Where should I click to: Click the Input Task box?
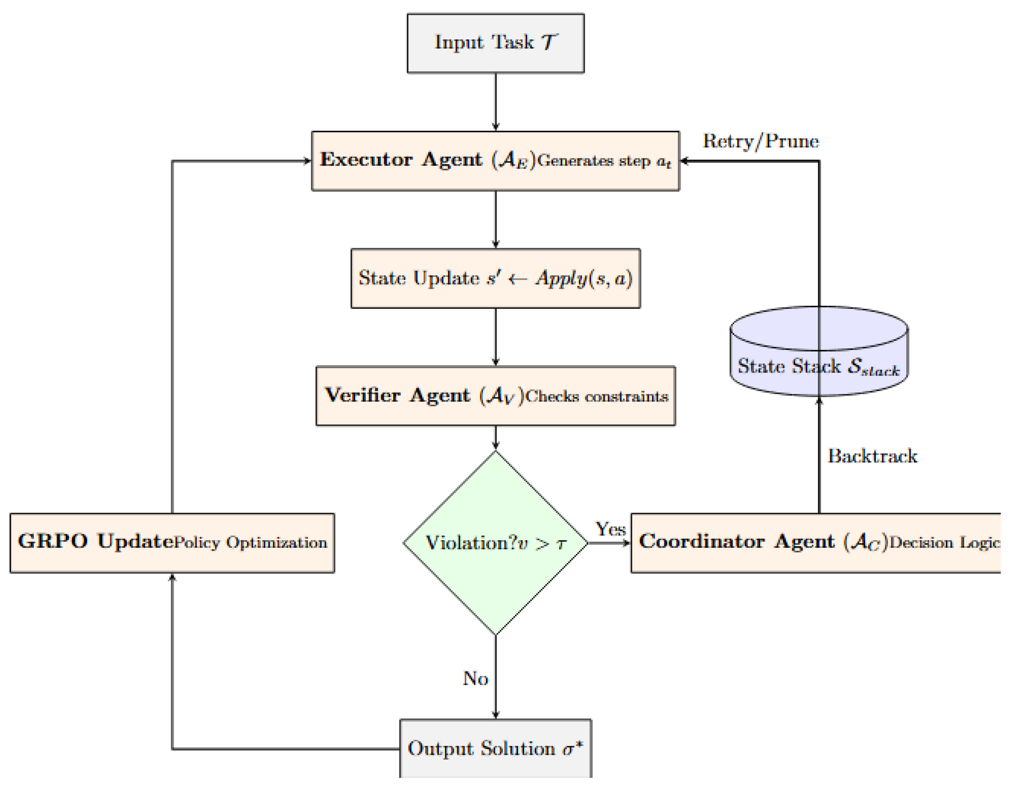click(x=495, y=43)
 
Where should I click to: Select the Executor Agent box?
click(x=495, y=161)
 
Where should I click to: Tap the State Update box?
click(x=495, y=278)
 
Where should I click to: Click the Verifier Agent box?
click(x=495, y=396)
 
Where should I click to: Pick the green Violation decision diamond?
click(x=495, y=543)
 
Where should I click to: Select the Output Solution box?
click(x=495, y=748)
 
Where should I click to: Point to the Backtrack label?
click(x=872, y=456)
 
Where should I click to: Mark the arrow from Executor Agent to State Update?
click(x=495, y=219)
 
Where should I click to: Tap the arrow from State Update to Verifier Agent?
click(x=495, y=337)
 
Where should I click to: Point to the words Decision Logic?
click(x=943, y=543)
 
